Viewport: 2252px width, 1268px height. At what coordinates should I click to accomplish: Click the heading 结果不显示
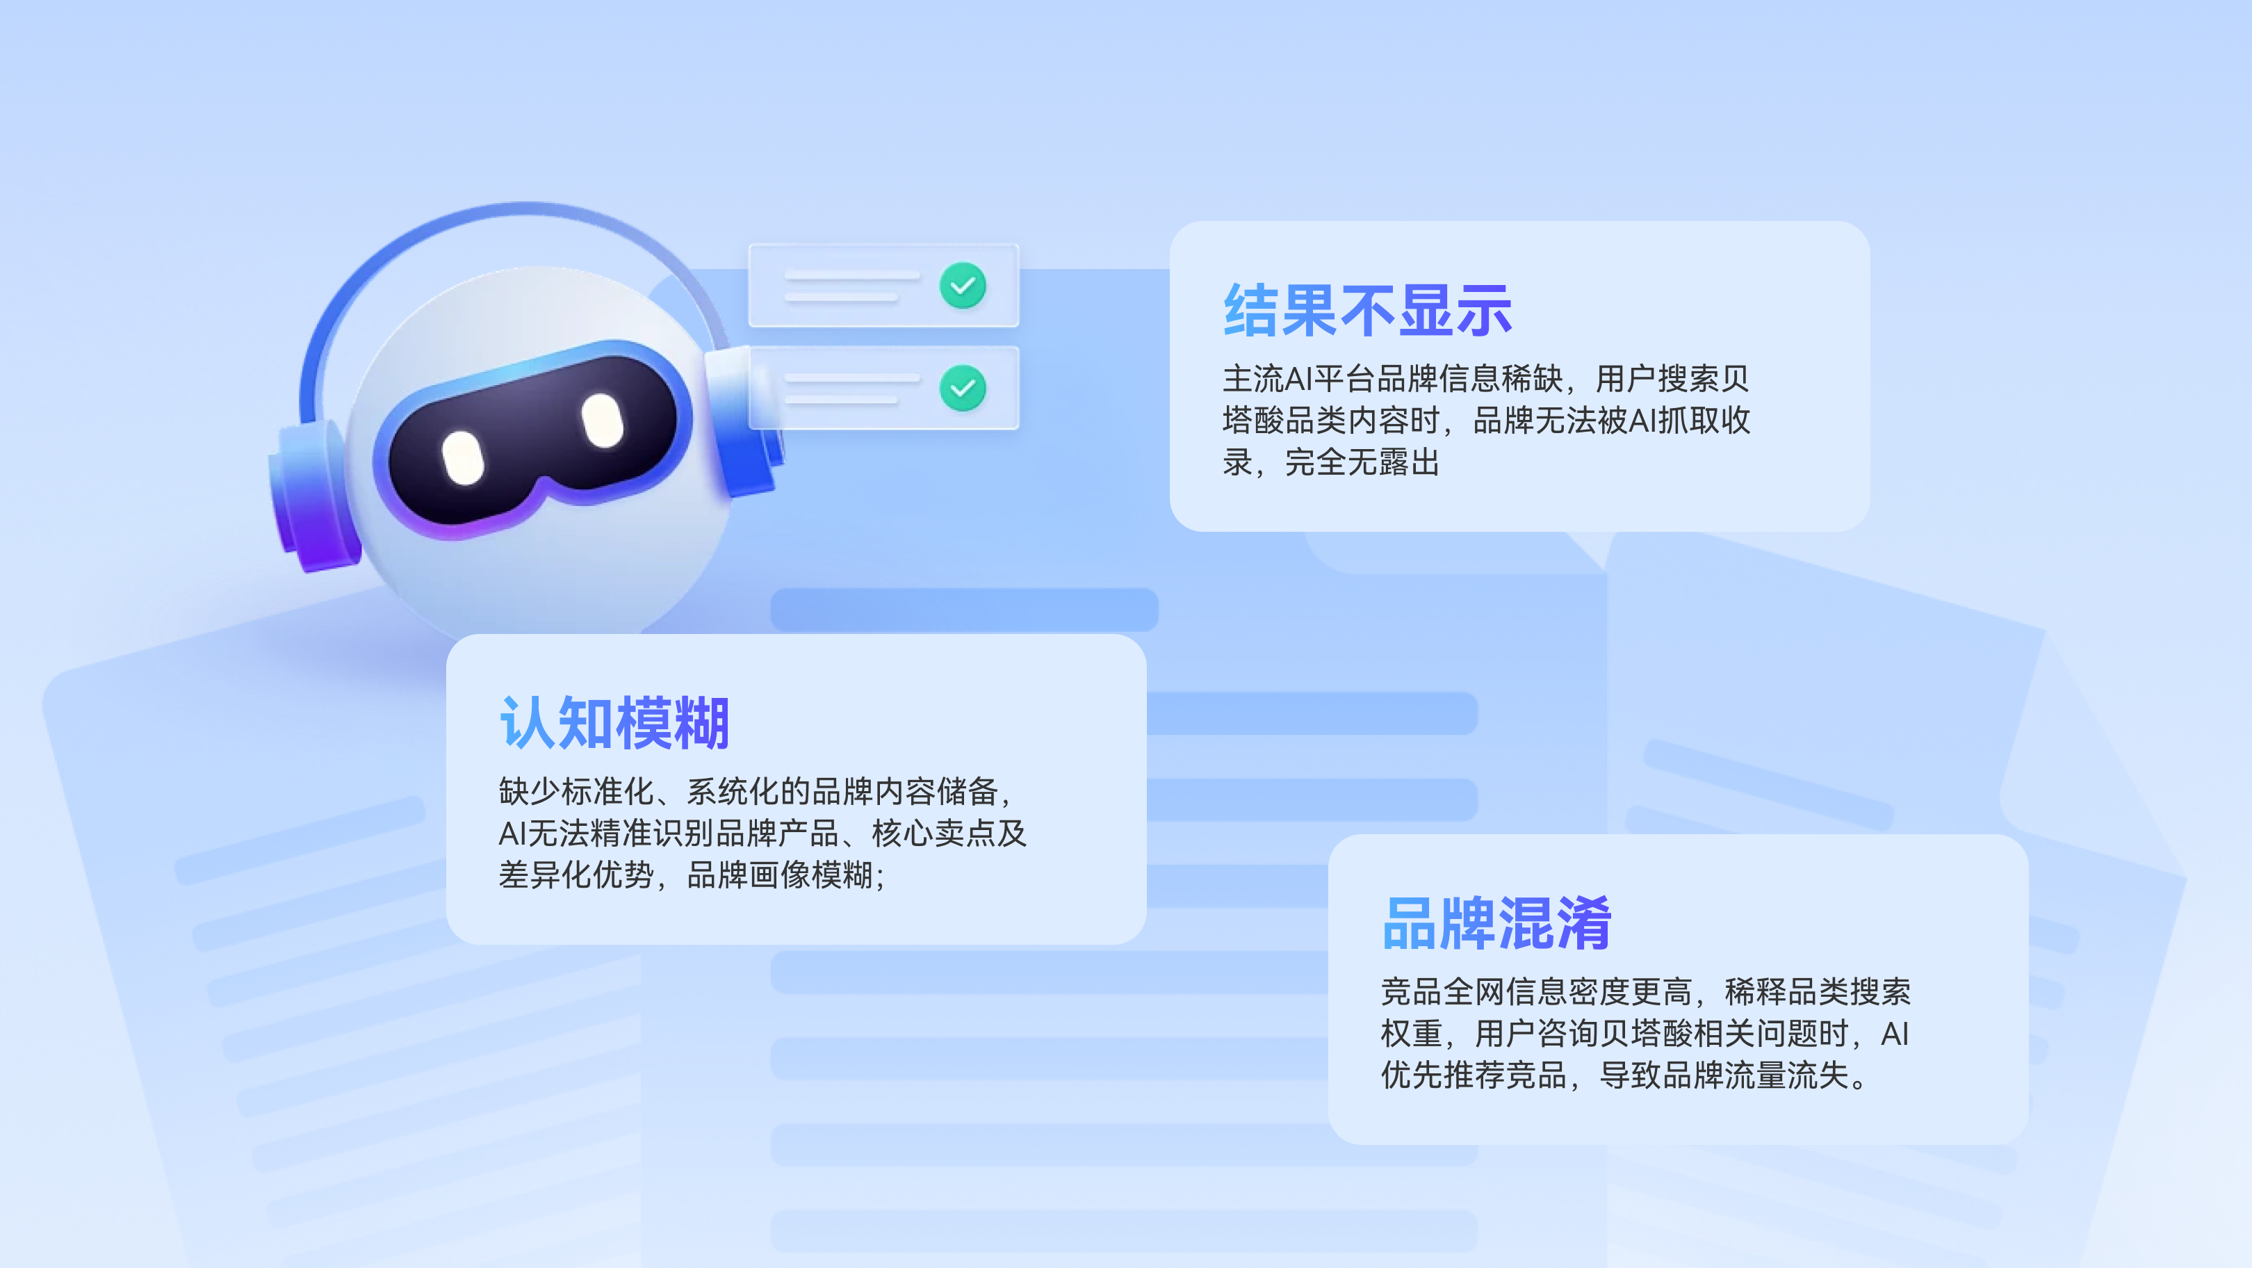point(1367,311)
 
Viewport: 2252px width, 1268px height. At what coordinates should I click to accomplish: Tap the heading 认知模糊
point(614,723)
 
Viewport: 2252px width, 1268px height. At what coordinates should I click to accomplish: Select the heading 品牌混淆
point(1496,923)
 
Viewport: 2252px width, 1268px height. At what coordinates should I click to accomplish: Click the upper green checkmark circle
point(963,285)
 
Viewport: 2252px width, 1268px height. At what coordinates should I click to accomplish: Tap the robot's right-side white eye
point(603,420)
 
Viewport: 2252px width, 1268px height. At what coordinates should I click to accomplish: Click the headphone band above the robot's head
point(525,210)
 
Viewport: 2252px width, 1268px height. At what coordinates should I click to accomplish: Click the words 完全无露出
point(1362,462)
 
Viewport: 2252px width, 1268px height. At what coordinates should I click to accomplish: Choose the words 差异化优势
point(576,875)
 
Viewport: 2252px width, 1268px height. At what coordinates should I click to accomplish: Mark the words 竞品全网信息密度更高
point(1536,991)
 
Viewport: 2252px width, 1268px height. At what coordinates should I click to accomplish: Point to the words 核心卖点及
point(949,833)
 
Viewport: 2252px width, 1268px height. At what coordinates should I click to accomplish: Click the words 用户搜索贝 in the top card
point(1672,379)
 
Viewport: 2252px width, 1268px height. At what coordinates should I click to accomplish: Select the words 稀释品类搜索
point(1818,991)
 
